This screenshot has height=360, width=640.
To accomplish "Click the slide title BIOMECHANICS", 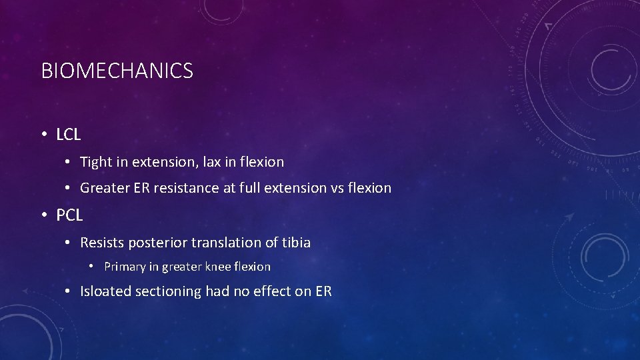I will pyautogui.click(x=117, y=71).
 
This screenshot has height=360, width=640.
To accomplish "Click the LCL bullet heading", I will pyautogui.click(x=69, y=135).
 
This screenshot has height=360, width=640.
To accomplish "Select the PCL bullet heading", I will pyautogui.click(x=69, y=215).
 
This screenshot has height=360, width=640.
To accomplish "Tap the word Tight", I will pyautogui.click(x=96, y=162).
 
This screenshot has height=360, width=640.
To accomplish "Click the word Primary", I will pyautogui.click(x=125, y=267).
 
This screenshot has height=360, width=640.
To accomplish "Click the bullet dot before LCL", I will pyautogui.click(x=43, y=135).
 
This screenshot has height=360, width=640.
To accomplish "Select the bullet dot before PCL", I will pyautogui.click(x=43, y=215).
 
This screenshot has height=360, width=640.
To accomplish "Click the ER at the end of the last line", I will pyautogui.click(x=323, y=291).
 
